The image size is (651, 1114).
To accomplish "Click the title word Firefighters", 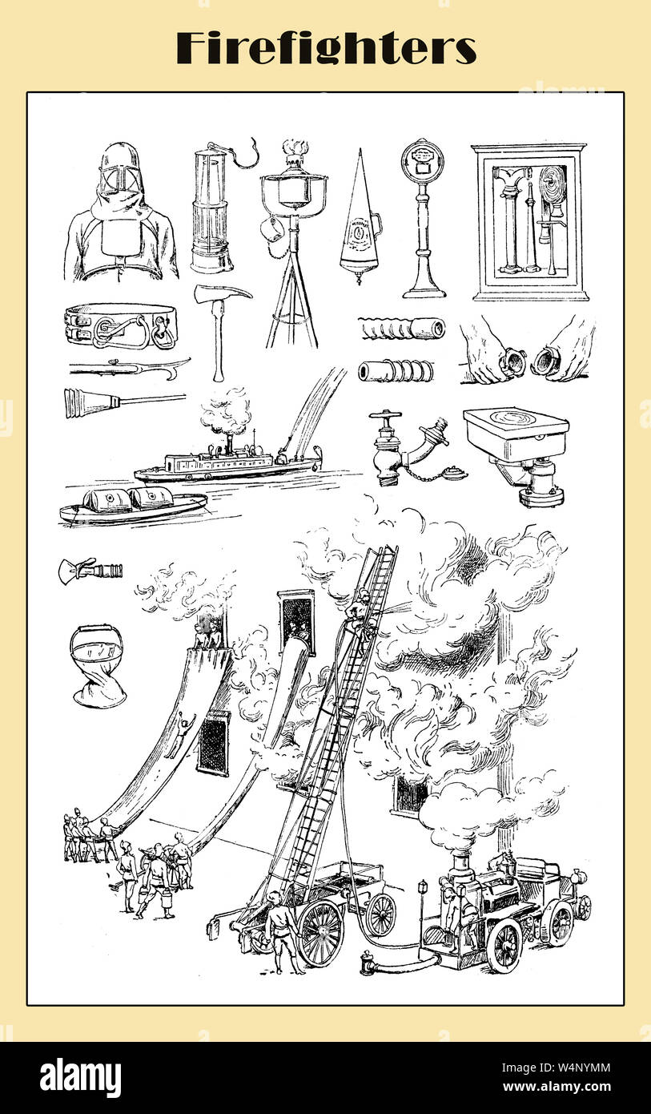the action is point(326,48).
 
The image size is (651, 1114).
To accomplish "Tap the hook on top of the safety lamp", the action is point(247,155).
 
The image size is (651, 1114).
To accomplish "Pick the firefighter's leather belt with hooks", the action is point(121,325).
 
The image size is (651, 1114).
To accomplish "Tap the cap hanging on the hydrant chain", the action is point(454,473).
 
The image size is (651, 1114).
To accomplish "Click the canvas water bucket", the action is point(98,665).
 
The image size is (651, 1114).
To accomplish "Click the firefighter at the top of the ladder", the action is point(359,611).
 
